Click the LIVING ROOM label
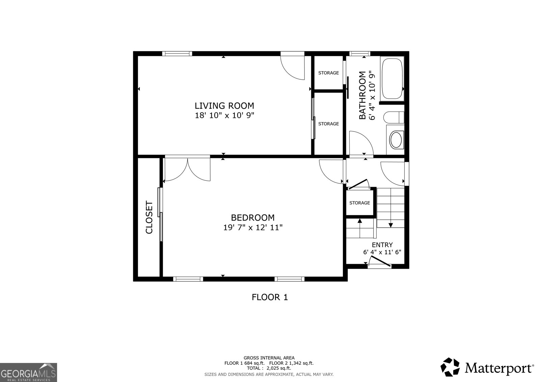coord(224,105)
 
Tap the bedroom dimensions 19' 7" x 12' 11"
coord(252,228)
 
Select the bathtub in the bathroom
coord(392,79)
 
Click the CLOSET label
coord(149,218)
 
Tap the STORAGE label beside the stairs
coord(359,203)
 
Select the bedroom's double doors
coord(187,169)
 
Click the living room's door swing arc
coord(292,68)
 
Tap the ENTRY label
coord(382,245)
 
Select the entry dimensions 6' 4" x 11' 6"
coord(382,252)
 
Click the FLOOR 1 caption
coord(270,297)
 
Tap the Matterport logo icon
coord(450,367)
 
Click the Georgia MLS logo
coord(28,372)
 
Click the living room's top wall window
coord(177,53)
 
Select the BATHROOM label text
coord(362,95)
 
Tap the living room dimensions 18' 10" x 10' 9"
coord(224,116)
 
